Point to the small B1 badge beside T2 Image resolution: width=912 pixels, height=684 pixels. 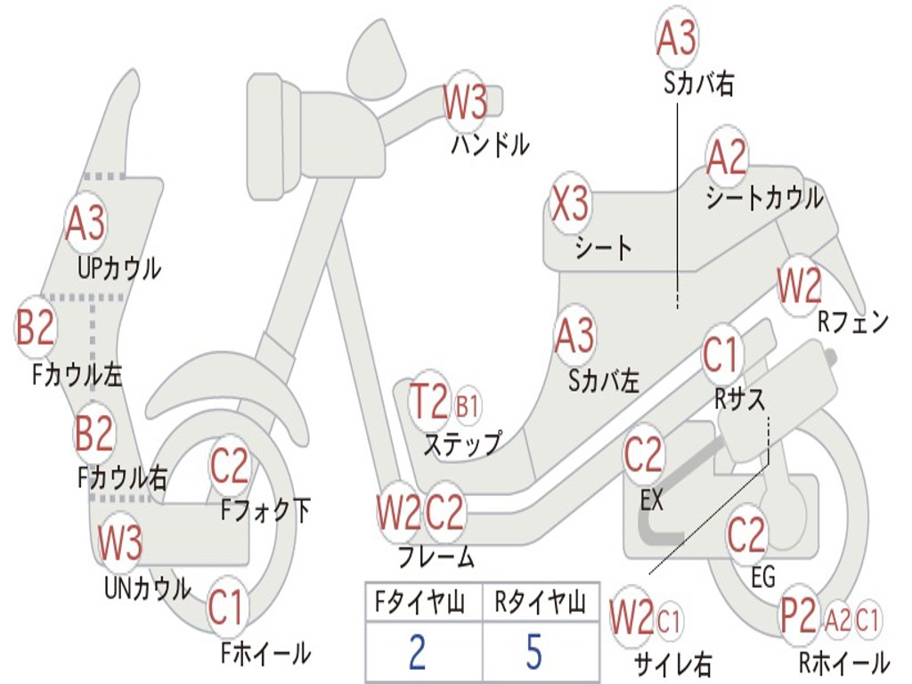[x=467, y=406]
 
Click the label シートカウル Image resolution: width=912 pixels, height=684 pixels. [x=764, y=198]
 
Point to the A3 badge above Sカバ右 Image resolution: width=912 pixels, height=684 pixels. [x=676, y=37]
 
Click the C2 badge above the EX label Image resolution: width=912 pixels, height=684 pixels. [x=643, y=455]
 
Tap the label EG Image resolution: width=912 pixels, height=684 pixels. [x=762, y=576]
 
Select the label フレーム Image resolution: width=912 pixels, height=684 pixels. [x=436, y=558]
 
